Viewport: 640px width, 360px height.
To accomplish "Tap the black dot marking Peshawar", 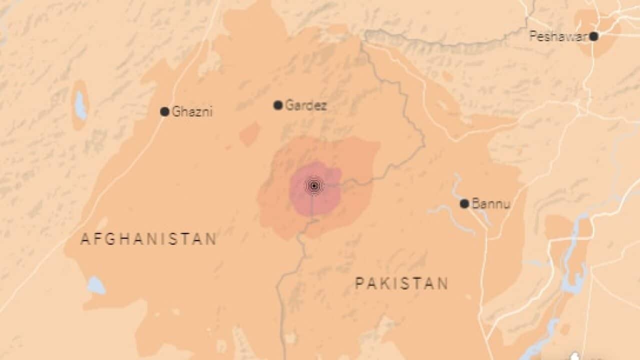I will click(593, 36).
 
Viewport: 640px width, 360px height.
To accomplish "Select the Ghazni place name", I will click(192, 112).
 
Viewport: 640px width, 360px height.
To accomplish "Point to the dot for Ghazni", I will click(164, 111).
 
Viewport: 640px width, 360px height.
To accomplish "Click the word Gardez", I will click(305, 105).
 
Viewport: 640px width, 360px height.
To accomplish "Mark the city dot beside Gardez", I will click(278, 105).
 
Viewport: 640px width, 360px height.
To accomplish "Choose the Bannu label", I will click(490, 204).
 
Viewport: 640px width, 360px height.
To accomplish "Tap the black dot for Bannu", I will click(464, 203).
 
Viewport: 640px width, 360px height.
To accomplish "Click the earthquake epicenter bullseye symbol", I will click(313, 186).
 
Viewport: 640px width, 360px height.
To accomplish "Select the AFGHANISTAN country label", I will click(148, 239).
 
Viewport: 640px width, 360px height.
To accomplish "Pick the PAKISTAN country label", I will click(401, 284).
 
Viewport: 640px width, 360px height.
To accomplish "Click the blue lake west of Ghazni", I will click(80, 105).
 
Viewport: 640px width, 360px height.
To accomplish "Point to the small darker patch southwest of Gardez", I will click(249, 134).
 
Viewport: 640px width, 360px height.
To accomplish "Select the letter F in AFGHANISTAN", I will click(98, 239).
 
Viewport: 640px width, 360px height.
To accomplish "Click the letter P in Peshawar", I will click(533, 36).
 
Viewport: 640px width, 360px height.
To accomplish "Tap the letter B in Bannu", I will click(475, 204).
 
